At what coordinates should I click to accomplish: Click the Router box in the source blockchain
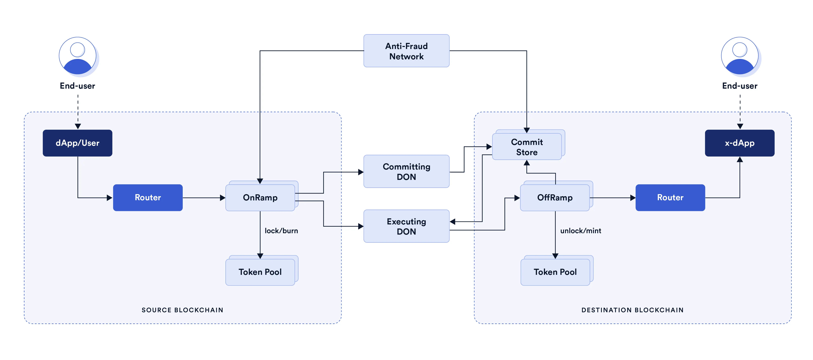coord(148,198)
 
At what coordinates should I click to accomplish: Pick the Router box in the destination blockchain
coord(670,198)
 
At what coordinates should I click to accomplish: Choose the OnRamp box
coord(260,198)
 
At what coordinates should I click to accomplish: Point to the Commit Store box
coord(527,147)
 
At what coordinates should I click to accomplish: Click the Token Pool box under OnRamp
coord(260,272)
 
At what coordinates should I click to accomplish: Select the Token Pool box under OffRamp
coord(555,272)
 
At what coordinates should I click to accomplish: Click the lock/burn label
coord(281,231)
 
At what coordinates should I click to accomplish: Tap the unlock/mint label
coord(580,231)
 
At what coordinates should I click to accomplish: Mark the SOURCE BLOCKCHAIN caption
coord(183,310)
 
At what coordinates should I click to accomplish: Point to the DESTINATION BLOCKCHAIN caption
coord(633,310)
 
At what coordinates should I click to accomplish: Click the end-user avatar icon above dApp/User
coord(78,56)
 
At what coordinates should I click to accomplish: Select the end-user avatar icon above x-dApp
coord(740,56)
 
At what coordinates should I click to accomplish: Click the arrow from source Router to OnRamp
coord(204,198)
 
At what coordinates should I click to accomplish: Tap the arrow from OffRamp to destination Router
coord(612,198)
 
